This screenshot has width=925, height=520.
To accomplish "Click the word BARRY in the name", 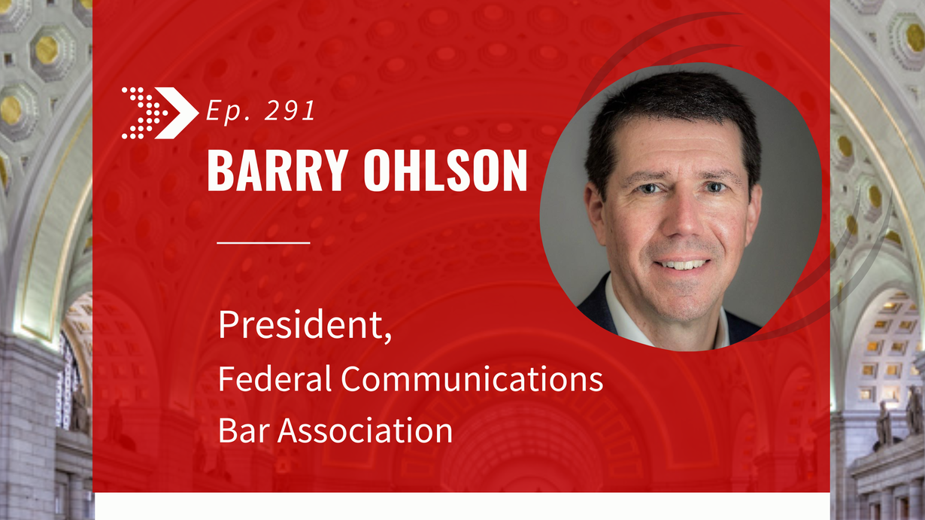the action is [277, 170].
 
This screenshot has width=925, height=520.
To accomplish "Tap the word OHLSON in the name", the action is [445, 170].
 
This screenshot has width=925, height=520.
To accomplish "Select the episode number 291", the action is [290, 111].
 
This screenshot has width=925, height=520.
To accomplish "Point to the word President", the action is [301, 324].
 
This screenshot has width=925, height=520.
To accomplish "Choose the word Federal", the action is [275, 378].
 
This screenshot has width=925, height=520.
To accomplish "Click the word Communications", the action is [472, 378].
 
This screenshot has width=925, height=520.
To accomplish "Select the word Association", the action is [365, 430].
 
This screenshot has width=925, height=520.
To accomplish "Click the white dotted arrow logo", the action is [160, 113].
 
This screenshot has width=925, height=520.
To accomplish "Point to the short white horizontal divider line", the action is [263, 242].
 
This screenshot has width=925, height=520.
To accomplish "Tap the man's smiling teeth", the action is [683, 263].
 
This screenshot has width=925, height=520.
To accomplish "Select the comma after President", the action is [387, 336].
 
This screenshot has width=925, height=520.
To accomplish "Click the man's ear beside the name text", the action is [595, 215].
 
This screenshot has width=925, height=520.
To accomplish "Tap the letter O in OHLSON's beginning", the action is [376, 170].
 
